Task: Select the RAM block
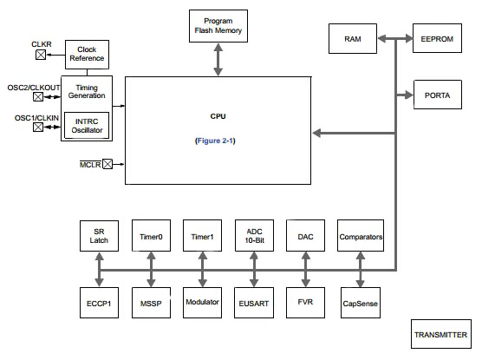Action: (x=354, y=38)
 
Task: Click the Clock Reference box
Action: (x=87, y=54)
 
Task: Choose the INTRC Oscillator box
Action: (x=86, y=126)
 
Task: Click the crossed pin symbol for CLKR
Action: (x=40, y=55)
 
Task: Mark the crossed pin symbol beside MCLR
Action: (x=107, y=164)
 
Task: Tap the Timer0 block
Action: (x=151, y=236)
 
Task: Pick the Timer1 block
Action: (x=202, y=236)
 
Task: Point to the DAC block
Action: (x=304, y=236)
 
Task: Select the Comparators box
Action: (x=361, y=236)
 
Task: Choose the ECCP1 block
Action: (x=99, y=303)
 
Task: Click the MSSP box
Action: (x=151, y=303)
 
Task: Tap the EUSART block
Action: (x=253, y=303)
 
